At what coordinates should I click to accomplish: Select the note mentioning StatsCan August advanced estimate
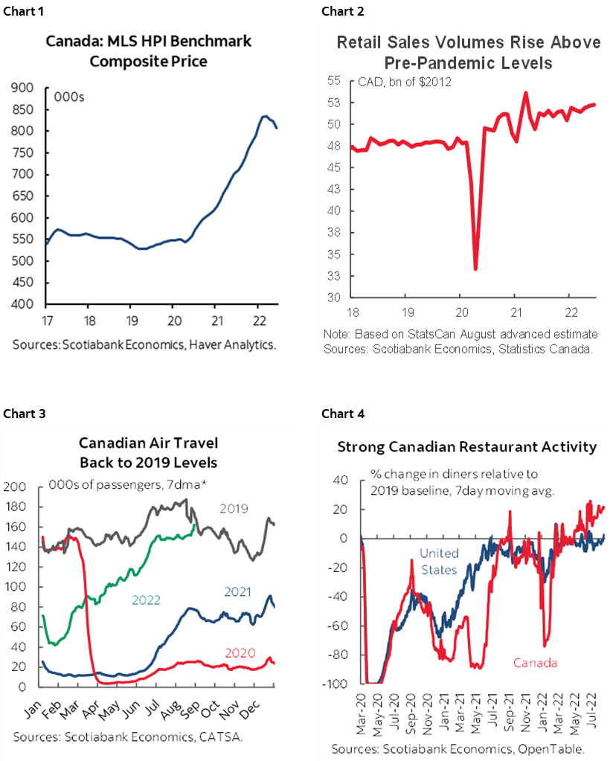(461, 334)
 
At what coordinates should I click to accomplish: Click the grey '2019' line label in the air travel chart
(234, 510)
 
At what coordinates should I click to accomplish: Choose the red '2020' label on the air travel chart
(240, 653)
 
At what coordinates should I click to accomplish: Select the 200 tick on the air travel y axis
(16, 487)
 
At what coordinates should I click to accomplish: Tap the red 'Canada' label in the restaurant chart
(534, 662)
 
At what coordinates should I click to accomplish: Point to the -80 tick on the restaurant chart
(341, 655)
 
